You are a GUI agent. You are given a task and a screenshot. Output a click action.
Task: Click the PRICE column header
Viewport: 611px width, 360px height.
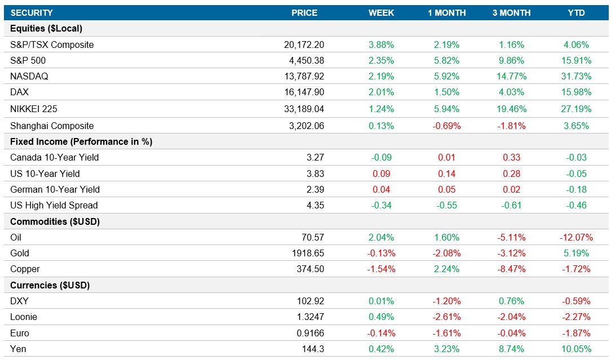click(x=304, y=12)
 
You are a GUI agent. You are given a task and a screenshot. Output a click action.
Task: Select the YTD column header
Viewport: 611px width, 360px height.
click(x=576, y=12)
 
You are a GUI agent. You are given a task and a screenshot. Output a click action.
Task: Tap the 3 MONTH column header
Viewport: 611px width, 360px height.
click(x=512, y=12)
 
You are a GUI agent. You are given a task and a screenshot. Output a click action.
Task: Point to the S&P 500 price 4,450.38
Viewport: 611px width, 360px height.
click(x=304, y=60)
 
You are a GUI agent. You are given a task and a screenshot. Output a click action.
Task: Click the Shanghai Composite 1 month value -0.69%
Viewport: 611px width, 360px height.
click(x=446, y=126)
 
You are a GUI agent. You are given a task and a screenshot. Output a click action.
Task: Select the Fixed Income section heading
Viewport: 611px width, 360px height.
click(x=81, y=141)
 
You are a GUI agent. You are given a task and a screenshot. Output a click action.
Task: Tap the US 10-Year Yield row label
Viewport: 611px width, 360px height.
click(x=45, y=174)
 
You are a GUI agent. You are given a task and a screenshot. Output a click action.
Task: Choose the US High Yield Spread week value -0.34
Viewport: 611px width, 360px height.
click(x=382, y=205)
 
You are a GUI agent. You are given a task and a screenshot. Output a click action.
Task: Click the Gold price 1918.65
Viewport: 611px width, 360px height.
click(x=307, y=253)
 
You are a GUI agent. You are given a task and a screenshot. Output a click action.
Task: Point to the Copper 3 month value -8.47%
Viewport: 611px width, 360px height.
click(x=511, y=269)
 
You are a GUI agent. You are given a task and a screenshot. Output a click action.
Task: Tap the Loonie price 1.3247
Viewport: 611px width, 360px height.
click(x=309, y=317)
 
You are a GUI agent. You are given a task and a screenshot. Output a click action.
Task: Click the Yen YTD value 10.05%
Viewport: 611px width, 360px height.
click(x=575, y=349)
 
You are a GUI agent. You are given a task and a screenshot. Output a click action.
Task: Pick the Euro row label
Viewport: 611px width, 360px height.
click(x=20, y=333)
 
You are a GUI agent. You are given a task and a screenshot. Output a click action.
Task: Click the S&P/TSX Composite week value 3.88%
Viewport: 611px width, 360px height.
click(x=381, y=45)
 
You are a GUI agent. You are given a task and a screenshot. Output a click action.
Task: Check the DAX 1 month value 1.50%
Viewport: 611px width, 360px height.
click(x=447, y=92)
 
